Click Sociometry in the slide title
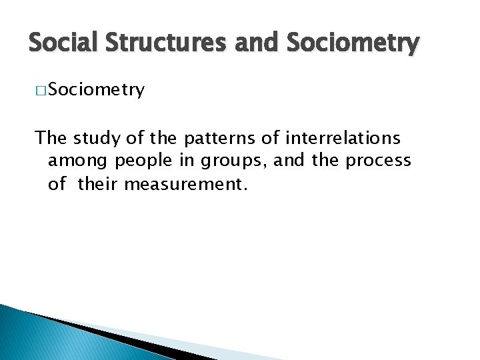[x=353, y=44]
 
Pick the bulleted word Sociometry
[x=96, y=91]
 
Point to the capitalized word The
[x=51, y=138]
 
